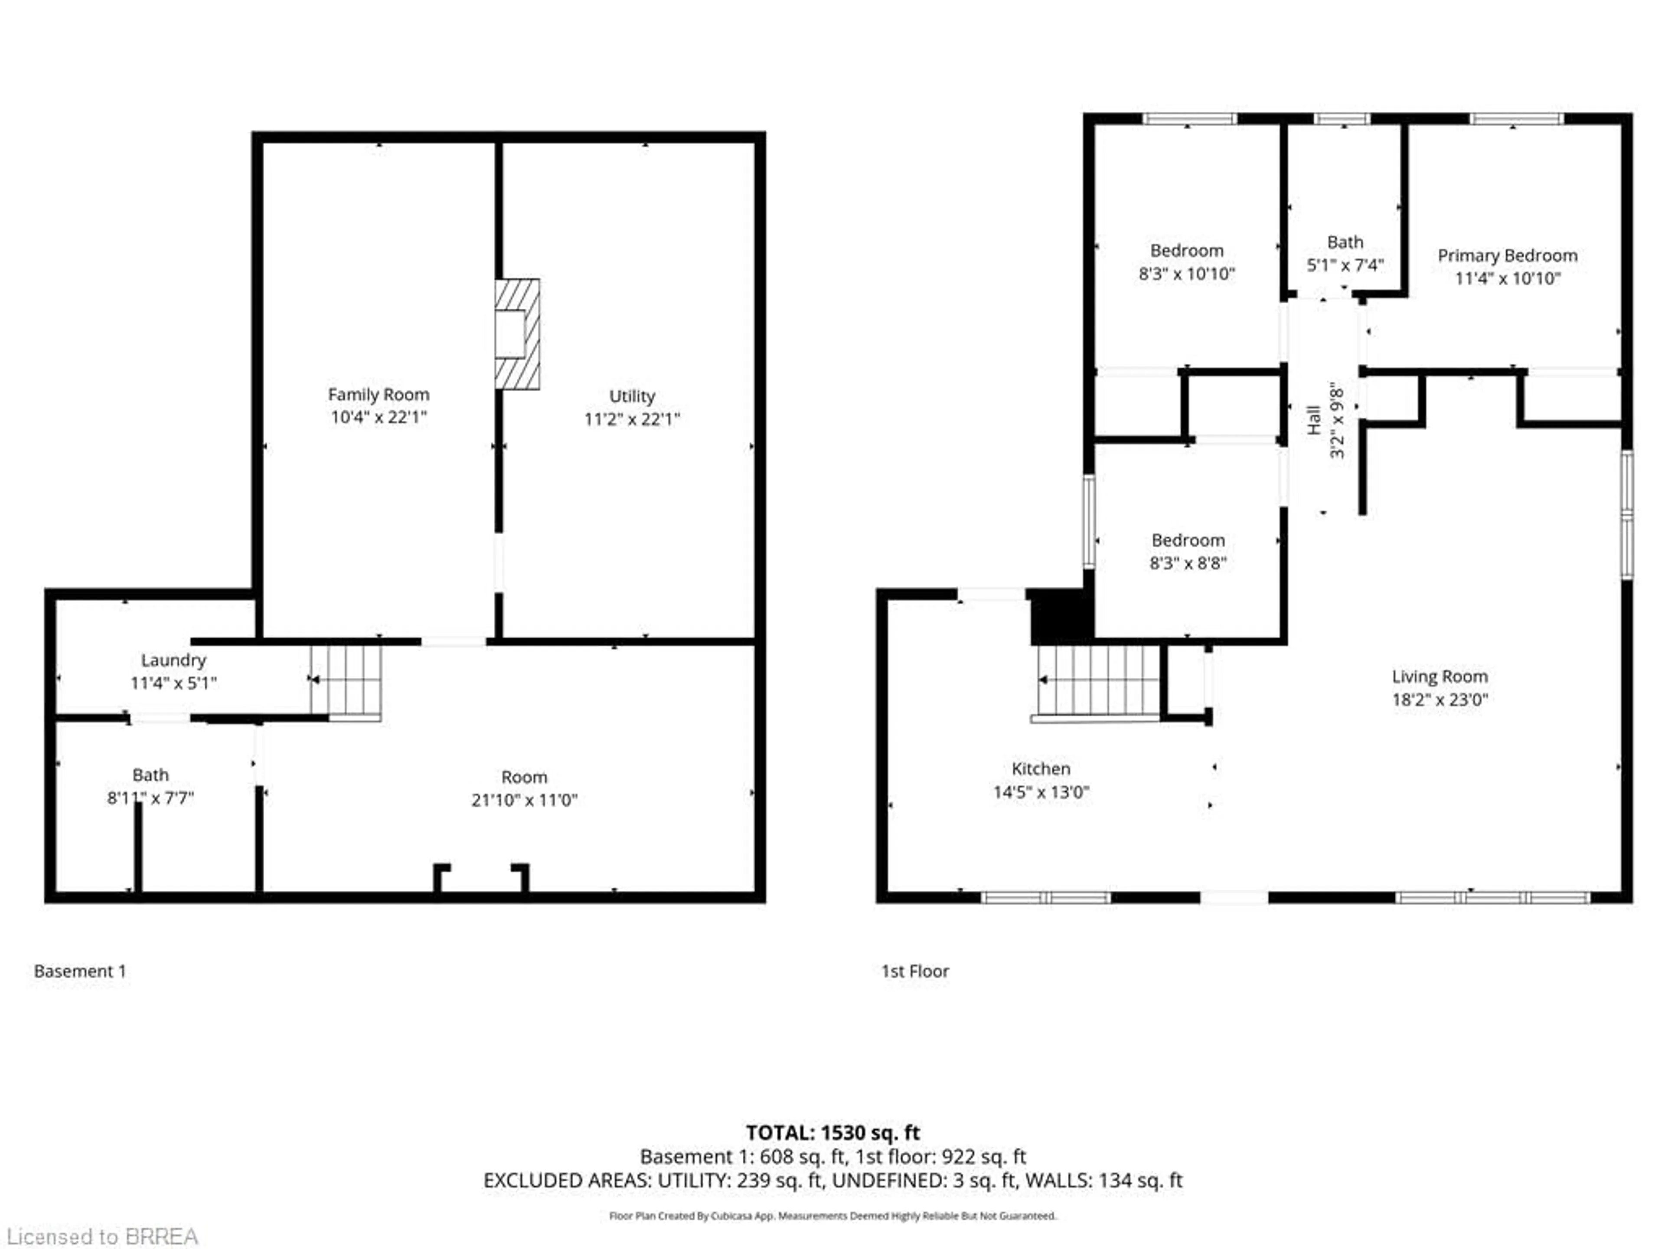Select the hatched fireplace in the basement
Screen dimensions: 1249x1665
pos(518,334)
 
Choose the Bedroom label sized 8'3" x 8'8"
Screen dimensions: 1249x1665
pos(1188,540)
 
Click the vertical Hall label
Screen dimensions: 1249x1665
pos(1313,420)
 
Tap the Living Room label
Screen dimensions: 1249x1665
pos(1439,677)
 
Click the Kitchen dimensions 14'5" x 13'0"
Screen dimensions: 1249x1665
pos(1041,792)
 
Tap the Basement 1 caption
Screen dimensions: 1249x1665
pos(80,971)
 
